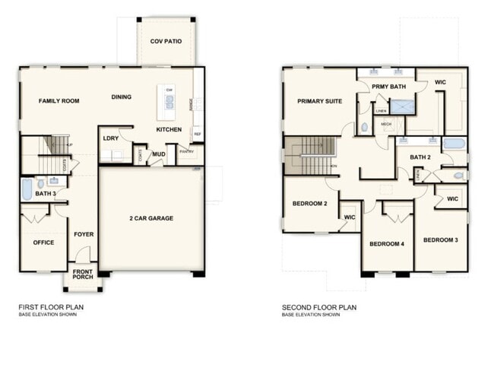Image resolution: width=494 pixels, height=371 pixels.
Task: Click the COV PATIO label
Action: coord(166,41)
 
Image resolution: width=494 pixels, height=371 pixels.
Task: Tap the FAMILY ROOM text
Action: coord(49,100)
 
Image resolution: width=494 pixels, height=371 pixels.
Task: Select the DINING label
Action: coord(122,97)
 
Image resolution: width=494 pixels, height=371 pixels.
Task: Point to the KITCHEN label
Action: coord(169,130)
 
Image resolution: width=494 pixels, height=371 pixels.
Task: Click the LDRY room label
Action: coord(110,138)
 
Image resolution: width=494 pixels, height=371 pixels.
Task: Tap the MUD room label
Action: coord(159,154)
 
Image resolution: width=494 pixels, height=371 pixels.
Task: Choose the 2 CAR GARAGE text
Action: coord(150,218)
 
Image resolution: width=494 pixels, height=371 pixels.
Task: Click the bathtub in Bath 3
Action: coord(27,189)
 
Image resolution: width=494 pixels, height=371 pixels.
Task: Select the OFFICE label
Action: coord(43,243)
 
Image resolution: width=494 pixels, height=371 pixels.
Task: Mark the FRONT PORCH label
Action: coord(84,274)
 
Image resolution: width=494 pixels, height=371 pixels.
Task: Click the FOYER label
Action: coord(84,234)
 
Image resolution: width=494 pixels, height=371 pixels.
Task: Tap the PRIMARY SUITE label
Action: coord(319,101)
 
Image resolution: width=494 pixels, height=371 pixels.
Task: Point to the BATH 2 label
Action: coord(420,157)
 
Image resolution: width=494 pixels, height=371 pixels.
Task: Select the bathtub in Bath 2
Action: coord(454,144)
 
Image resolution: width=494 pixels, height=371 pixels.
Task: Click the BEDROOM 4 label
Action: coord(386,244)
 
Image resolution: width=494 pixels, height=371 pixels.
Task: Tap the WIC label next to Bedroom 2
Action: coord(350,217)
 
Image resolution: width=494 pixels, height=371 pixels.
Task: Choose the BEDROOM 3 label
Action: coord(440,240)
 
